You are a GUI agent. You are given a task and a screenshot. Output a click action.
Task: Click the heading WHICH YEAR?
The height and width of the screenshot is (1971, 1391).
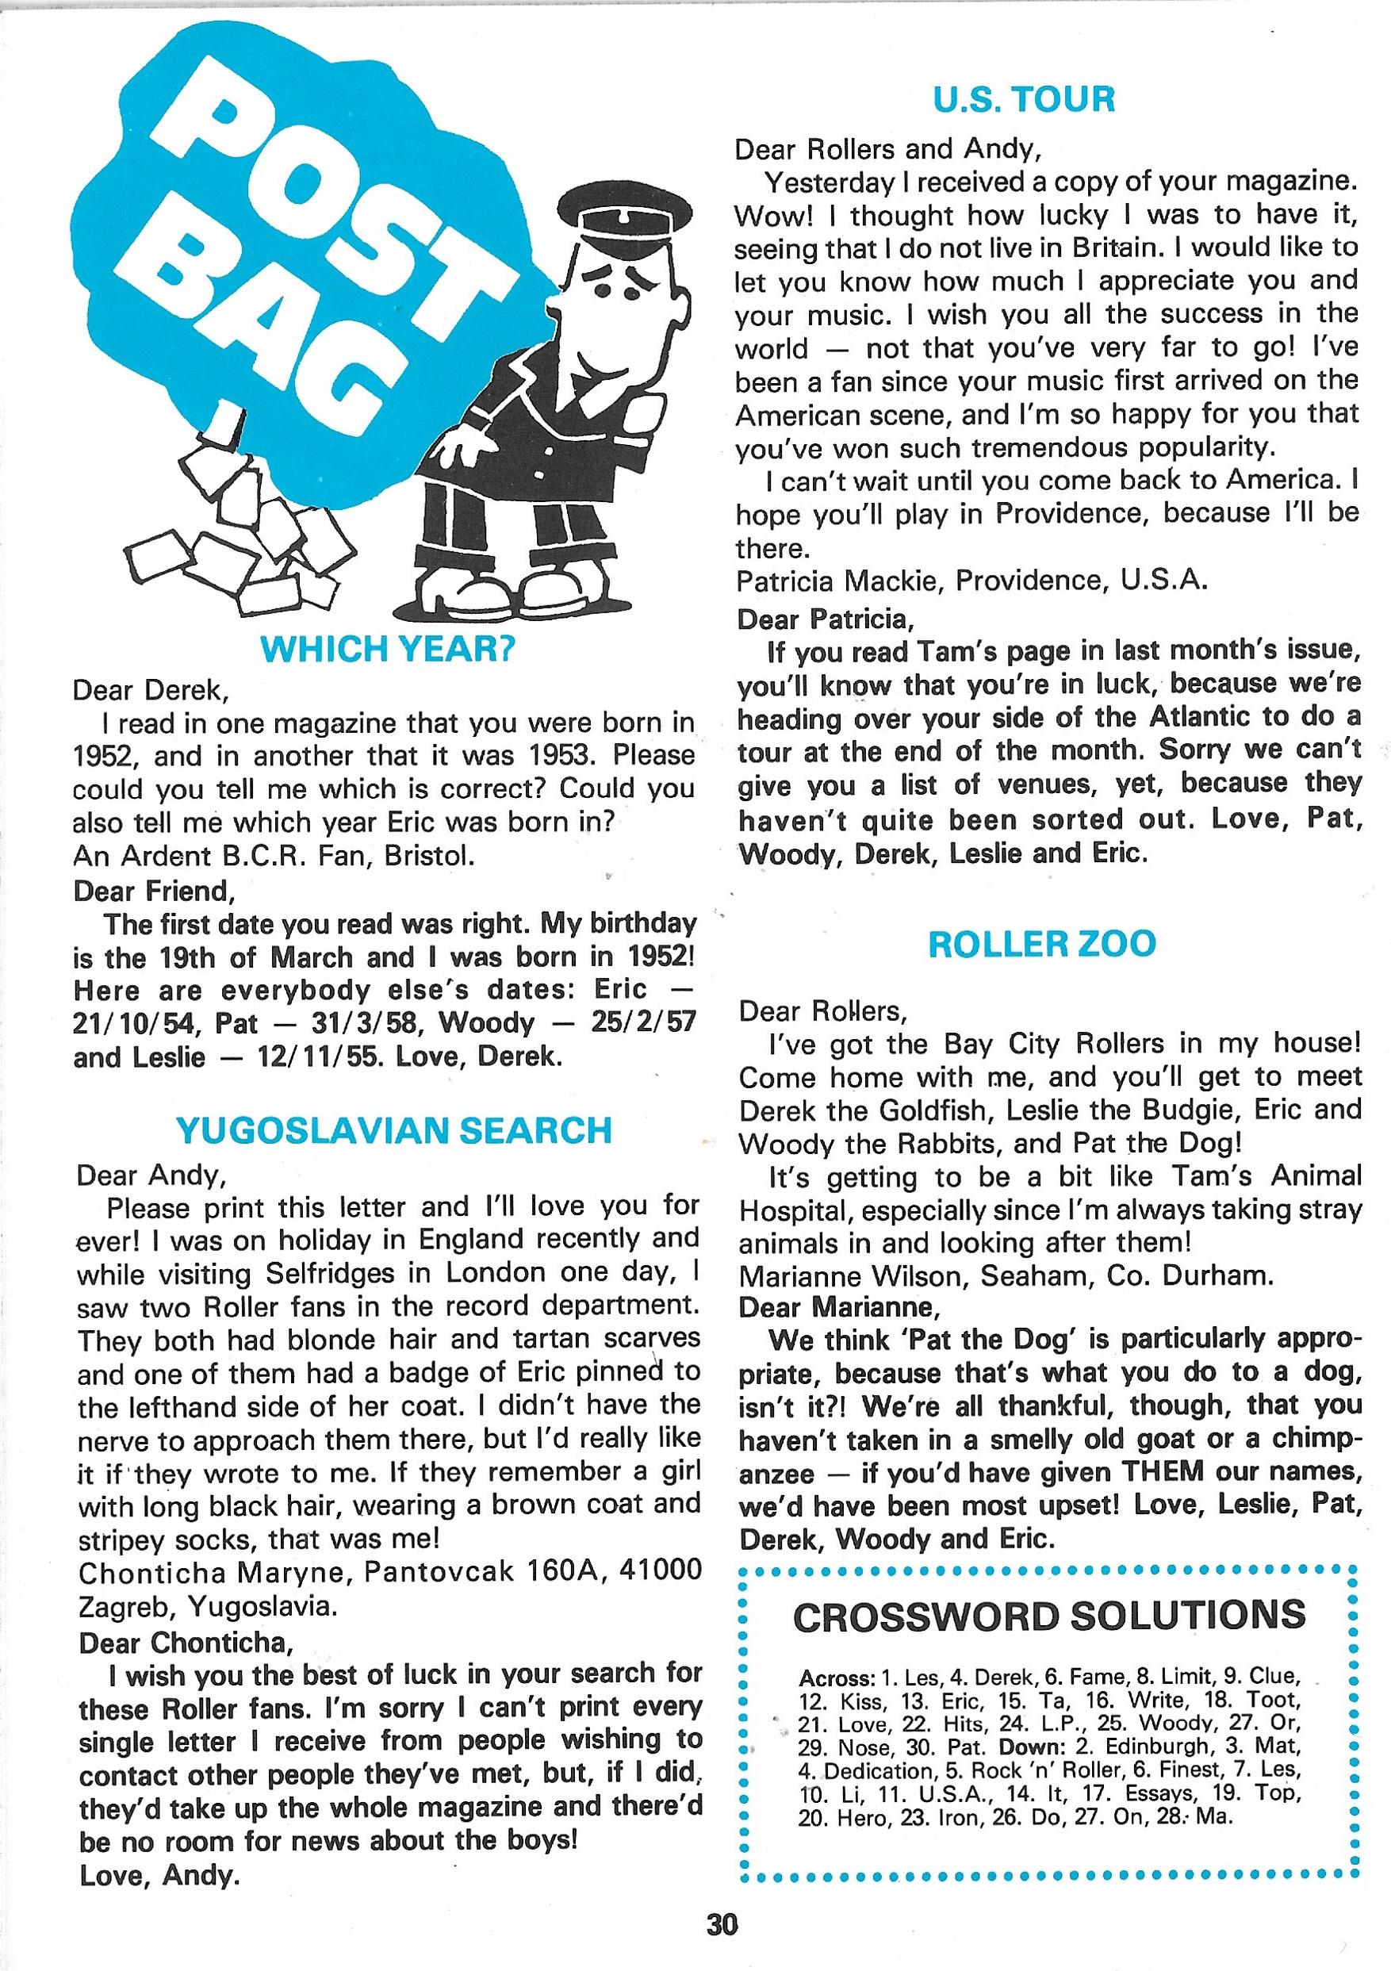(x=386, y=650)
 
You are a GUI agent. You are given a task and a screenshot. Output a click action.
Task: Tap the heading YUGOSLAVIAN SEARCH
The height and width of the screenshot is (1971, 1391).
(x=394, y=1130)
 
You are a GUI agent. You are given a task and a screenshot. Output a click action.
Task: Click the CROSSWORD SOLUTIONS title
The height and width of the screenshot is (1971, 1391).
(x=1049, y=1616)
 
